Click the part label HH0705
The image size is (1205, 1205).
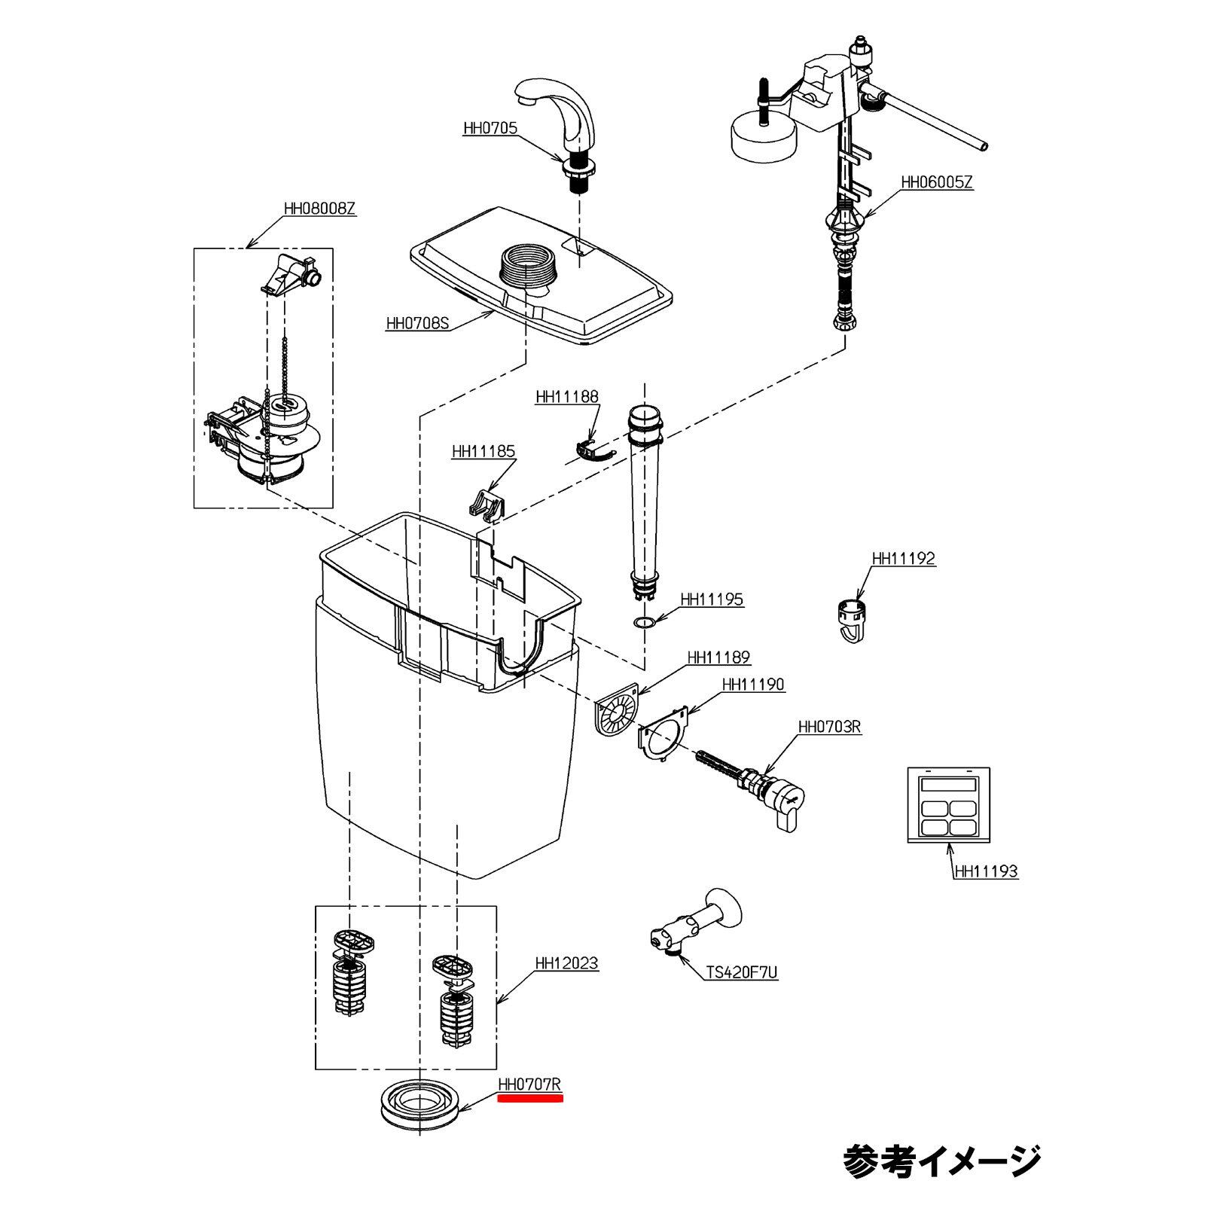click(x=490, y=128)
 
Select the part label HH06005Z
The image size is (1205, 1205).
click(x=937, y=182)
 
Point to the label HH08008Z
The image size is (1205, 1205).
click(x=319, y=209)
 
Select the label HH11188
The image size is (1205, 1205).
click(x=567, y=397)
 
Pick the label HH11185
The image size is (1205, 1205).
click(x=484, y=452)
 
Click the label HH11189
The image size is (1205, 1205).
click(x=718, y=657)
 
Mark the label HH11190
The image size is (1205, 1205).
click(x=753, y=685)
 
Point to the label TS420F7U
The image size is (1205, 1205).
click(x=742, y=973)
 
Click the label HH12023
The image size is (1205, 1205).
click(x=566, y=963)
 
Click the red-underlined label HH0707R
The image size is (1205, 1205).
click(x=530, y=1084)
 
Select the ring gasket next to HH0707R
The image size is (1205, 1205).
click(x=421, y=1107)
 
